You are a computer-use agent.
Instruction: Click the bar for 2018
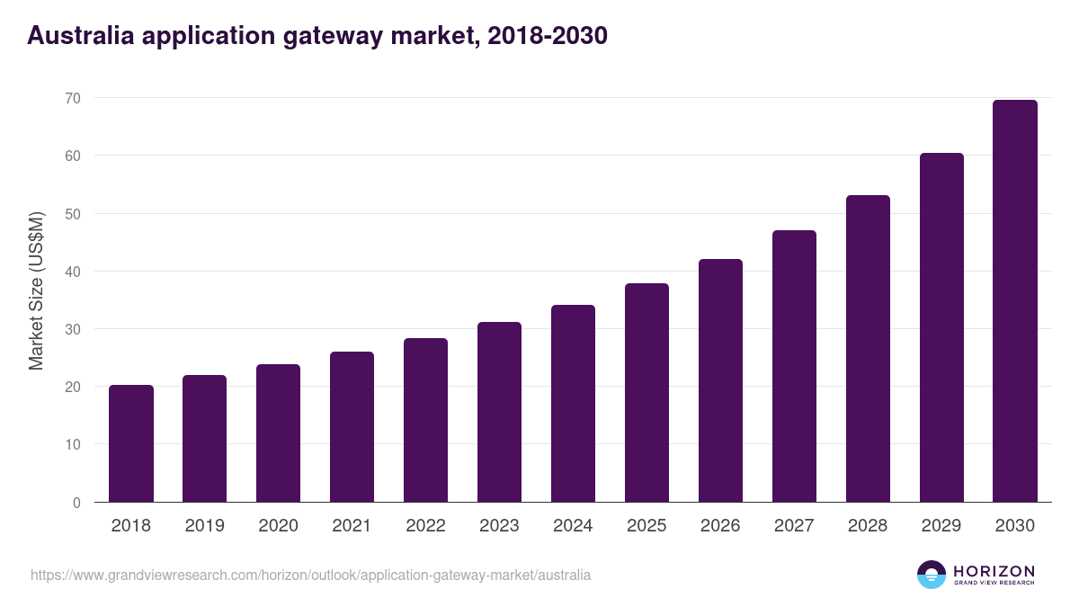131,443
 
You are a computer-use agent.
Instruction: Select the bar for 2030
1014,301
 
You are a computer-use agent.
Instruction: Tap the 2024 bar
573,404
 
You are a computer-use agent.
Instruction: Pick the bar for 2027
794,366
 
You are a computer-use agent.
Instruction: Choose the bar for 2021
352,427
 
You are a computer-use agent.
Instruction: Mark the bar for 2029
941,327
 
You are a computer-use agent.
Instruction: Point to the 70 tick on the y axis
72,98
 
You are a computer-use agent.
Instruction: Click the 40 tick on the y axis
72,272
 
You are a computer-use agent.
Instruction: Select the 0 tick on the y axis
76,503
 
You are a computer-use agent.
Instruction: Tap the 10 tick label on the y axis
72,445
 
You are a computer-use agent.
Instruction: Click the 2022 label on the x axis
425,526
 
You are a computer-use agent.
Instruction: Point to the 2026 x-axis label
720,526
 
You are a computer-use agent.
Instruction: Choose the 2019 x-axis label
204,526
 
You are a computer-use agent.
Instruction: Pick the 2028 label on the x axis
868,526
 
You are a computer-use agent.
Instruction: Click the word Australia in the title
81,35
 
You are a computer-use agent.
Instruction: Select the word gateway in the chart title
346,35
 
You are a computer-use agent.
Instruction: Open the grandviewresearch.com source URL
310,575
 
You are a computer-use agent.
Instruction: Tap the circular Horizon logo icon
932,575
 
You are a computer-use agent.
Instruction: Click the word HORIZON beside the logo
994,571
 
